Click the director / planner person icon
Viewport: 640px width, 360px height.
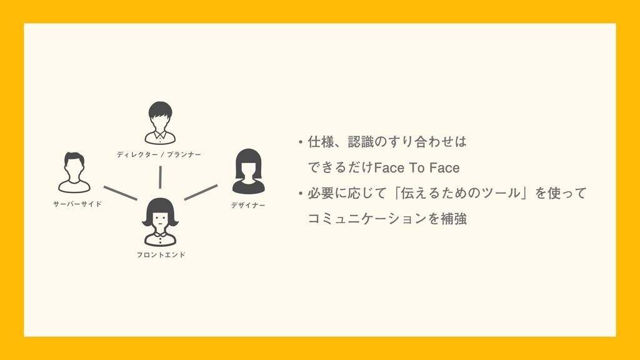[160, 122]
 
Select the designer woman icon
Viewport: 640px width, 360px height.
[248, 171]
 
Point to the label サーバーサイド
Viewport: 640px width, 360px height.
[77, 204]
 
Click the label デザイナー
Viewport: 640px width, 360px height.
[248, 204]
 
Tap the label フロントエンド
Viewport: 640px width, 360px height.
[161, 255]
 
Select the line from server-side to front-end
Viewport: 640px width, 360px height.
[120, 192]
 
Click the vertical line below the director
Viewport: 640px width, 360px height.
[161, 177]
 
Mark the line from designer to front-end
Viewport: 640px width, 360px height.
[201, 192]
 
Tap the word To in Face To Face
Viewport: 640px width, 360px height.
[416, 168]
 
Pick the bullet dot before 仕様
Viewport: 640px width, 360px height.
[301, 143]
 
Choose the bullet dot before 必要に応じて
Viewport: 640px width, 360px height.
[301, 194]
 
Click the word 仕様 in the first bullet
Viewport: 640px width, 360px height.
[319, 142]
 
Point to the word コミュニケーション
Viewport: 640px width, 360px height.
[367, 219]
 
